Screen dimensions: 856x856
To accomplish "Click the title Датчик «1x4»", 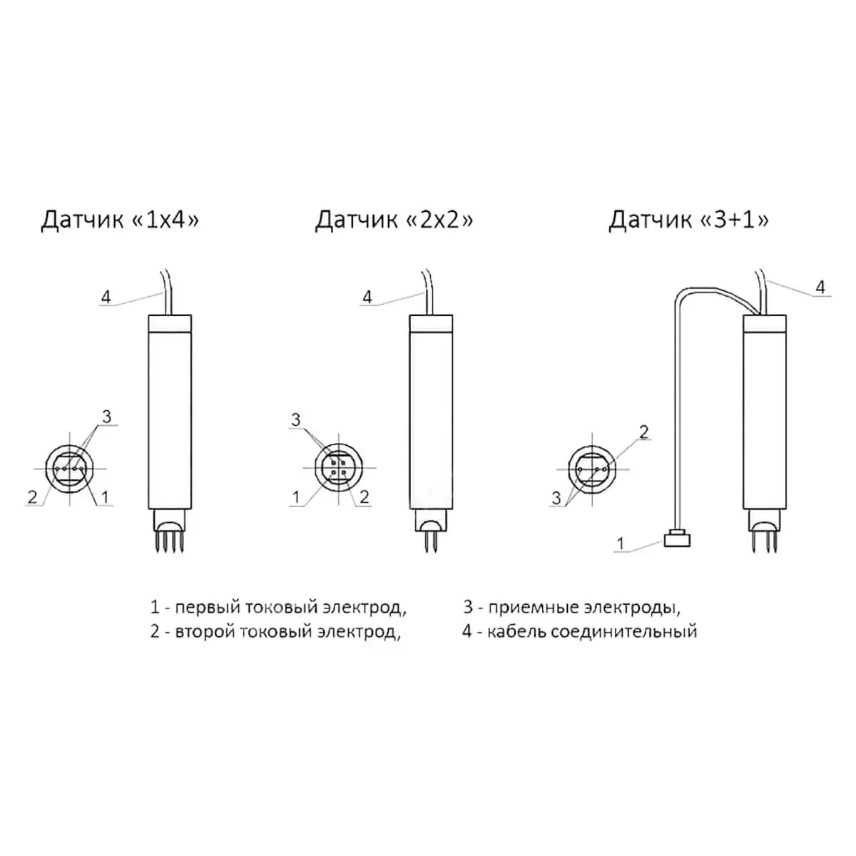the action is click(120, 220).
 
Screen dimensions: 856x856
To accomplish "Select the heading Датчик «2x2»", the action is click(394, 220).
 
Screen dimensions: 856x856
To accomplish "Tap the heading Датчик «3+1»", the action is click(688, 220).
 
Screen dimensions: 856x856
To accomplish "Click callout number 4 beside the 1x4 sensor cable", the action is click(106, 297).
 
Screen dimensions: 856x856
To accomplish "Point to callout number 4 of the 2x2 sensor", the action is click(367, 297).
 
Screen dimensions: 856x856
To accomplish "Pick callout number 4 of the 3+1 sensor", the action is click(820, 287).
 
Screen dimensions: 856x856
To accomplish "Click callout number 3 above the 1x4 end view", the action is click(106, 417).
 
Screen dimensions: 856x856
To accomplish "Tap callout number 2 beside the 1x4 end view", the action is click(32, 496).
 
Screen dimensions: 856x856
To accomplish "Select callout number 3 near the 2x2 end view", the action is click(296, 419).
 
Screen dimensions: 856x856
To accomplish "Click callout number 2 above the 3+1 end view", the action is click(643, 432).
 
